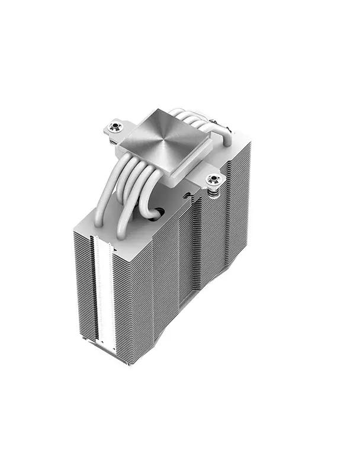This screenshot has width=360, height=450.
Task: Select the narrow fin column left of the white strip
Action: click(x=83, y=284)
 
